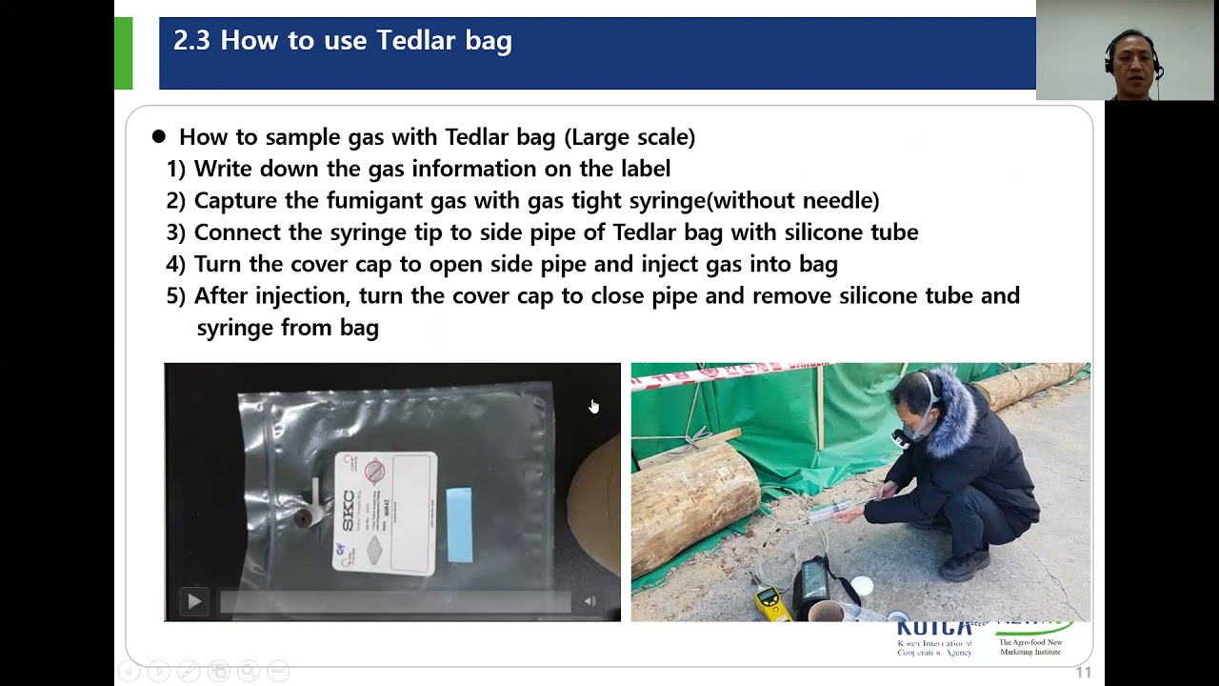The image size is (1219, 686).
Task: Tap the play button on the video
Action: click(x=194, y=601)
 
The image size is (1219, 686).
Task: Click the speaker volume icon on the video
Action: click(x=590, y=601)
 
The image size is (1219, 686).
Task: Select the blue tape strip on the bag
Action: click(x=459, y=523)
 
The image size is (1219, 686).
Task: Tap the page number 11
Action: click(x=1083, y=673)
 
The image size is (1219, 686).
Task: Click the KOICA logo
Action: click(x=934, y=629)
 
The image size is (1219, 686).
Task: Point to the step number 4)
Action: click(x=176, y=264)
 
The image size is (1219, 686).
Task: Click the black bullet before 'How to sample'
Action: click(x=159, y=137)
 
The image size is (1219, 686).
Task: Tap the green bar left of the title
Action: click(x=123, y=53)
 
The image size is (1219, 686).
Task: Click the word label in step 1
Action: click(x=642, y=169)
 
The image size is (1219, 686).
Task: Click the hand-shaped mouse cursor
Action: click(x=593, y=407)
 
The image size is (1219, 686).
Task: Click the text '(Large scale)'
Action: click(x=629, y=137)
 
